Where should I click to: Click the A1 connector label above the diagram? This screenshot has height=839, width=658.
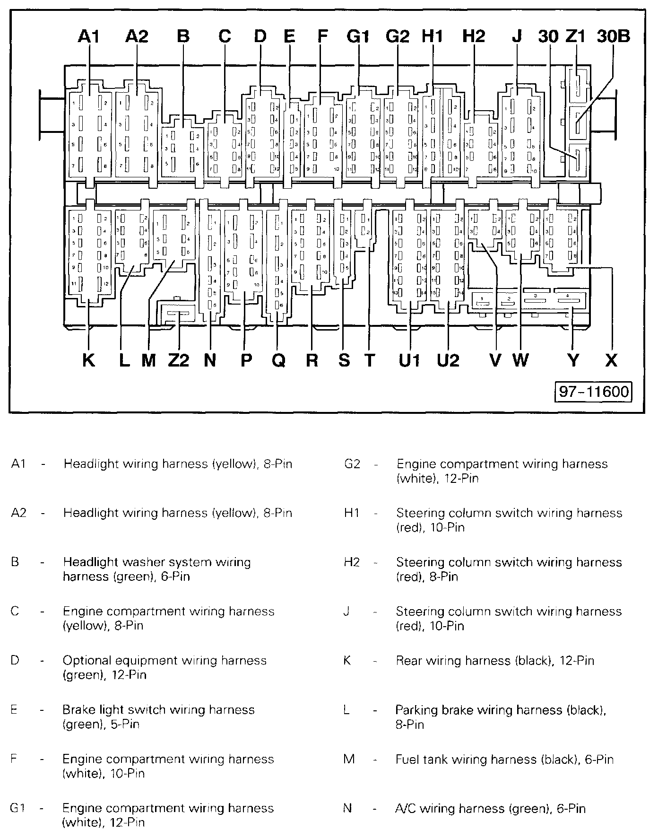pos(88,36)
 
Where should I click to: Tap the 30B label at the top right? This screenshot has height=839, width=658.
pos(613,36)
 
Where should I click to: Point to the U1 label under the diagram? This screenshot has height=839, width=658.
pos(409,361)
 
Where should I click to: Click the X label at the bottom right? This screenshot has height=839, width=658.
pos(611,361)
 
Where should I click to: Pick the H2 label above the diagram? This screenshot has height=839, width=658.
pos(474,36)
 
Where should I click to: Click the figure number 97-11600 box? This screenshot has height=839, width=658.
pos(594,392)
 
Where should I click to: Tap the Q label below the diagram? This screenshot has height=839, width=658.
pos(279,361)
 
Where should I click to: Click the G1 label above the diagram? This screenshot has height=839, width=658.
pos(357,36)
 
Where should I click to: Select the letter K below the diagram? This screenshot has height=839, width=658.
pos(88,361)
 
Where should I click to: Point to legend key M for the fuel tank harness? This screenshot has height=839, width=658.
pos(349,760)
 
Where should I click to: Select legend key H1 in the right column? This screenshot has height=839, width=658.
pos(352,513)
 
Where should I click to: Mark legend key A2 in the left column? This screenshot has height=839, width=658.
pos(18,513)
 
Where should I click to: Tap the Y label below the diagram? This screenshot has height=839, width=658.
pos(573,361)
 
